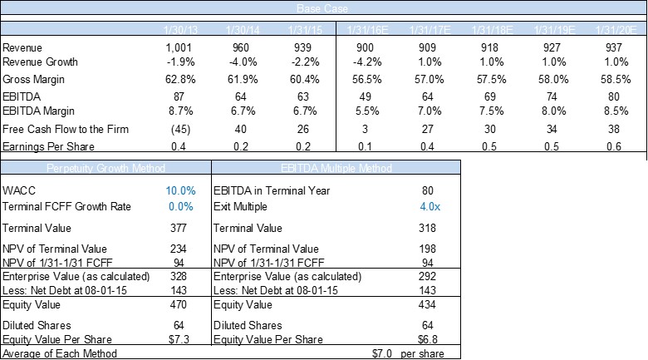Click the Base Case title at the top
[323, 8]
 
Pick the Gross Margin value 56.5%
[373, 79]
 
